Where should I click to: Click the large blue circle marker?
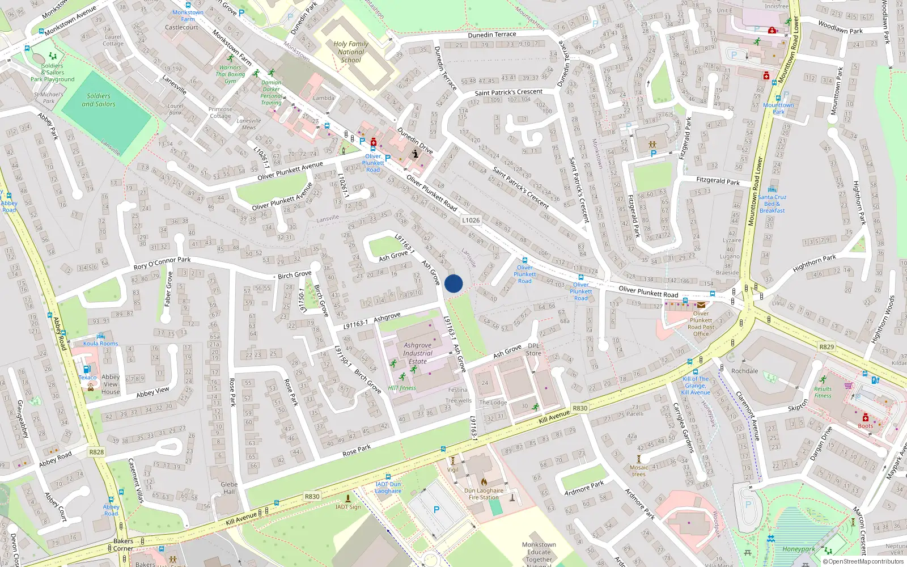coord(453,283)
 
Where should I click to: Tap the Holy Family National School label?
coord(351,52)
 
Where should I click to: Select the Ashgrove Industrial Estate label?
coord(418,353)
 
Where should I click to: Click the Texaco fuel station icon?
coord(87,369)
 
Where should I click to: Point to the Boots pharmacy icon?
coord(866,418)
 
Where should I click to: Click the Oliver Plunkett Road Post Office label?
coord(701,323)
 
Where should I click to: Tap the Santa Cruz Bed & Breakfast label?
coord(772,204)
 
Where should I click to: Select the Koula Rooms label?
coord(100,343)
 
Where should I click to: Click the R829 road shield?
coord(827,346)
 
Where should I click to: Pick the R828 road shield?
coord(96,452)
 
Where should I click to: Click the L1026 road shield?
coord(471,220)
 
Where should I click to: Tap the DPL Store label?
coord(533,349)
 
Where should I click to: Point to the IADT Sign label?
coord(347,506)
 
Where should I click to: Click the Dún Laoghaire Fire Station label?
coord(484,494)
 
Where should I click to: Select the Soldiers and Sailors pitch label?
coord(99,100)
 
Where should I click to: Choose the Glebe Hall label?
coord(229,488)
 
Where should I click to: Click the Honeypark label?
coord(798,549)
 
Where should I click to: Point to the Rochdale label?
coord(744,371)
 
